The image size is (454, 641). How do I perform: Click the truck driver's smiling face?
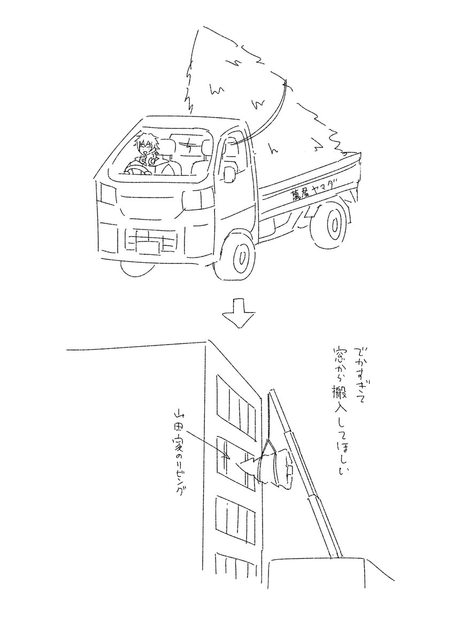(144, 151)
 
